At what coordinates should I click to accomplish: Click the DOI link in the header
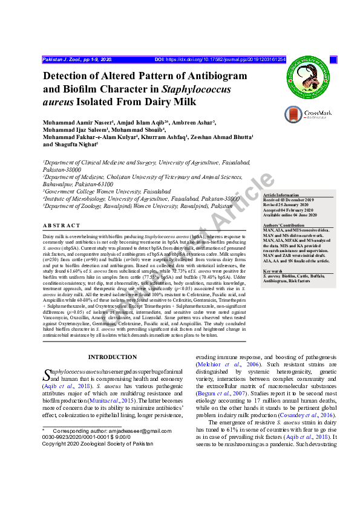point(220,60)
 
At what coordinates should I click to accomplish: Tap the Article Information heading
point(281,195)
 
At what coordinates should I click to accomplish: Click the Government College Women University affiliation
point(108,191)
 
